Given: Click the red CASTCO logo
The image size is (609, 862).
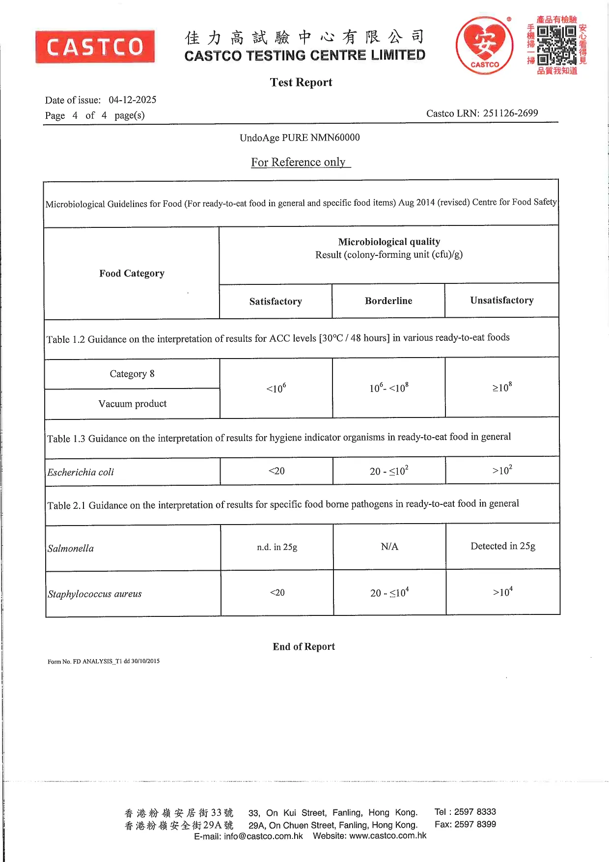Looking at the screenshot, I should [x=95, y=47].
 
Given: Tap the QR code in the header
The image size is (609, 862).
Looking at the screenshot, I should [x=556, y=45].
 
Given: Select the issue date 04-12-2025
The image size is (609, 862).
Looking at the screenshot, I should [x=133, y=100].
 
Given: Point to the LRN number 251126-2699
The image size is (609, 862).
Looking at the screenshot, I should [x=510, y=113].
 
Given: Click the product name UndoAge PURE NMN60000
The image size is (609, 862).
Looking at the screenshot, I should [x=300, y=138].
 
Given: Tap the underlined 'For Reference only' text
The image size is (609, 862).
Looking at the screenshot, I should [x=299, y=162].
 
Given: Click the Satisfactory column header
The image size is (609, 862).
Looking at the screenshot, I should [x=276, y=301].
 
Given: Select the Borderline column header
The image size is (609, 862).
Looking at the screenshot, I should [x=388, y=301].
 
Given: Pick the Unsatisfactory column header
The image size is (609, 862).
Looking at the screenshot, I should [x=501, y=300].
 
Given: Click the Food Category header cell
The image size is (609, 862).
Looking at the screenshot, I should [x=132, y=273].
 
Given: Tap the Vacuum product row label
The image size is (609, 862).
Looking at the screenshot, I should [x=133, y=404].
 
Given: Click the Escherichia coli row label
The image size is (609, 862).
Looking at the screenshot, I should [x=81, y=472].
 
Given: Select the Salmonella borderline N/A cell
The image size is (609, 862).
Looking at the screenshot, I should [x=389, y=547].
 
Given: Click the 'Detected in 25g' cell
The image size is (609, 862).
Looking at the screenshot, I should [x=503, y=546].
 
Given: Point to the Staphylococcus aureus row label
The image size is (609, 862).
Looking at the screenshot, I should [x=95, y=594].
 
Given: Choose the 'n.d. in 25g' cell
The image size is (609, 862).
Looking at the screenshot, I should [x=277, y=547].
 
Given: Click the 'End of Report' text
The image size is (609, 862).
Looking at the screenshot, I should [x=304, y=646].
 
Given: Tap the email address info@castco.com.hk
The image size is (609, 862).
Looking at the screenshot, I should [x=263, y=836].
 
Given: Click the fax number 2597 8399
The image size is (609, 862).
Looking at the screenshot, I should [x=475, y=824].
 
